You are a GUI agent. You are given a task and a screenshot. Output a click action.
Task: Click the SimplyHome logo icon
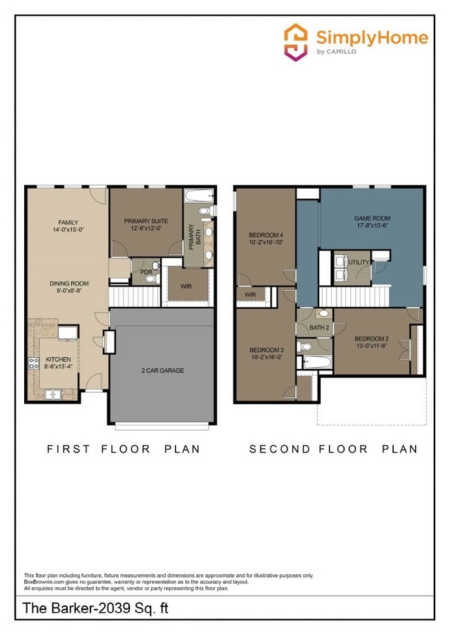(296, 42)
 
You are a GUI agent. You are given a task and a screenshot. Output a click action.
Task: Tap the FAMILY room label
(68, 222)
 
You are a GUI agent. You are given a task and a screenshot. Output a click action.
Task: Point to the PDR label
(146, 272)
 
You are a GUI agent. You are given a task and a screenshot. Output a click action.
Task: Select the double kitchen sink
(52, 395)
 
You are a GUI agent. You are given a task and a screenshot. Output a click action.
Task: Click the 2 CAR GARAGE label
(162, 370)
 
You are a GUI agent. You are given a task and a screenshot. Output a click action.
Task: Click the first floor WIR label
(185, 286)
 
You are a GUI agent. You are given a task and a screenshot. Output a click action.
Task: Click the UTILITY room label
(359, 263)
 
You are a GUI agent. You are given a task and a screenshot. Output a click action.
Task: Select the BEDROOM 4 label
(265, 236)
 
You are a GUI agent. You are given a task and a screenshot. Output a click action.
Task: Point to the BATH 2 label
(318, 328)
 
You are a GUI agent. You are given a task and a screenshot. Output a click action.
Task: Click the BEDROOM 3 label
(266, 350)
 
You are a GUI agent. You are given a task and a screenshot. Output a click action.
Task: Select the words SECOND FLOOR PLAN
(333, 449)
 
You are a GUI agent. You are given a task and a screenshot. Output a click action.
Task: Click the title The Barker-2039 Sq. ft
(95, 609)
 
